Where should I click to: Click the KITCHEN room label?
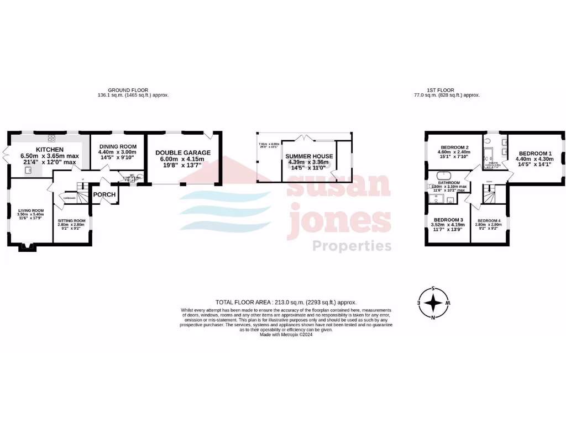tap(50, 150)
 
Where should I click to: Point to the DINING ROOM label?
tap(117, 146)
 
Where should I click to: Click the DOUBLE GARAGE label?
tap(183, 152)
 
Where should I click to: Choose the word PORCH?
tap(104, 194)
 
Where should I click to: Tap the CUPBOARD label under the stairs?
tap(70, 198)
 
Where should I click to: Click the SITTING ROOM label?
tap(72, 220)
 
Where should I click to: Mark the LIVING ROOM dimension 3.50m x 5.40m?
tap(32, 214)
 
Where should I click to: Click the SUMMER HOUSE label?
tap(309, 156)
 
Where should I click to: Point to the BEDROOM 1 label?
tap(535, 153)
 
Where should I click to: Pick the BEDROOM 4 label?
tap(489, 221)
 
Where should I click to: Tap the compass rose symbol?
tap(434, 303)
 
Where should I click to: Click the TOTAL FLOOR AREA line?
tap(286, 302)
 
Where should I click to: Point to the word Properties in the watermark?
tap(352, 246)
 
